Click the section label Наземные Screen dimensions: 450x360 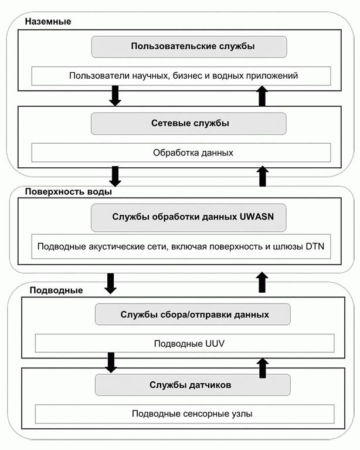coord(48,22)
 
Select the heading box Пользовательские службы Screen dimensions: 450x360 coord(189,46)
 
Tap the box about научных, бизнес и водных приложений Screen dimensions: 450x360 coord(181,76)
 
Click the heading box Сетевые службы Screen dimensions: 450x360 coord(189,124)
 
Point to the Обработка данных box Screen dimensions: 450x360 coord(181,153)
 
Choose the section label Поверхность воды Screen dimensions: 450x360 coord(69,191)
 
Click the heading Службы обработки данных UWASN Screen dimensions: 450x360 coord(189,217)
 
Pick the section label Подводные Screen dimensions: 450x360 coord(56,290)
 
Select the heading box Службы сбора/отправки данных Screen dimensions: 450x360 coord(193,314)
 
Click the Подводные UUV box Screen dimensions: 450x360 coord(185,343)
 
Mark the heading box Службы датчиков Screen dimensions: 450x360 coord(193,385)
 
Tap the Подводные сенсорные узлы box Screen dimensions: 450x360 coord(185,414)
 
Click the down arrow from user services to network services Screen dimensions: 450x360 coord(116,96)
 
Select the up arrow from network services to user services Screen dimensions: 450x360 coord(261,96)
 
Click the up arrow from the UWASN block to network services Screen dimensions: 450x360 coord(261,175)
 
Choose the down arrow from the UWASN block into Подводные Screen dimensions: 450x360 coord(110,283)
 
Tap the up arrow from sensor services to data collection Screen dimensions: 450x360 coord(261,368)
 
